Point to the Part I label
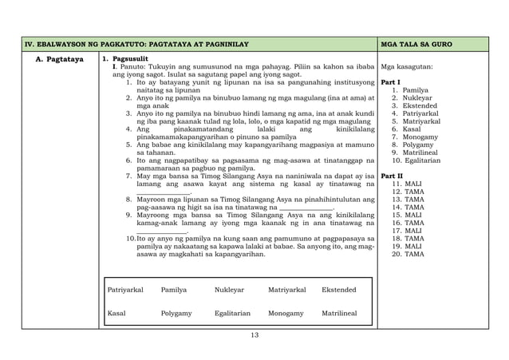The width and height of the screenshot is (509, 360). [x=391, y=83]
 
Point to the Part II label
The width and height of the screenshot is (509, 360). [x=392, y=175]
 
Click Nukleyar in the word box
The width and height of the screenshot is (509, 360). [x=229, y=290]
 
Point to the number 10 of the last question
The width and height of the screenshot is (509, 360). [x=131, y=238]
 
